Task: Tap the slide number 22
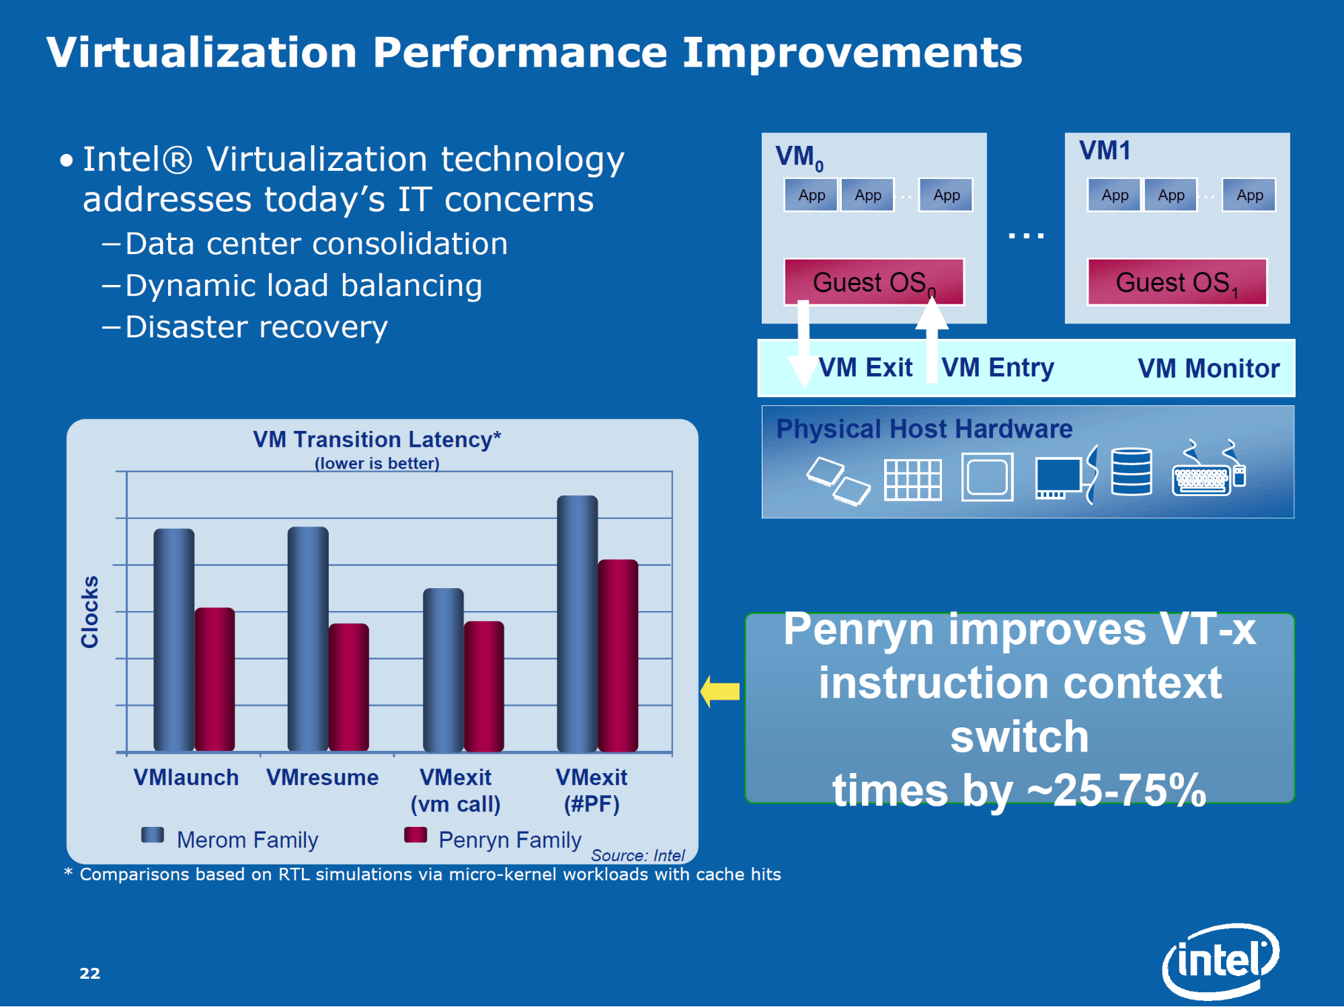(x=89, y=973)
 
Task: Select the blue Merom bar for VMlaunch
(x=173, y=639)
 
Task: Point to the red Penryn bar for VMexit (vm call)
(x=484, y=686)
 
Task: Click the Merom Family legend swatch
(x=153, y=835)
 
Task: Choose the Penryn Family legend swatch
(x=416, y=835)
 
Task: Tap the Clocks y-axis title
(x=90, y=612)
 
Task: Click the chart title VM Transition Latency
(x=377, y=440)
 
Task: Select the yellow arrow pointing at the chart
(x=720, y=691)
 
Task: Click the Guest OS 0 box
(x=874, y=282)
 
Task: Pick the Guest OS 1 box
(x=1177, y=282)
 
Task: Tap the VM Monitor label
(x=1208, y=368)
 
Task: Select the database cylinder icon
(x=1132, y=471)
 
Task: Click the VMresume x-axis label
(x=322, y=778)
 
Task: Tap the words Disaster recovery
(x=256, y=327)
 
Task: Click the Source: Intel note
(x=637, y=855)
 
